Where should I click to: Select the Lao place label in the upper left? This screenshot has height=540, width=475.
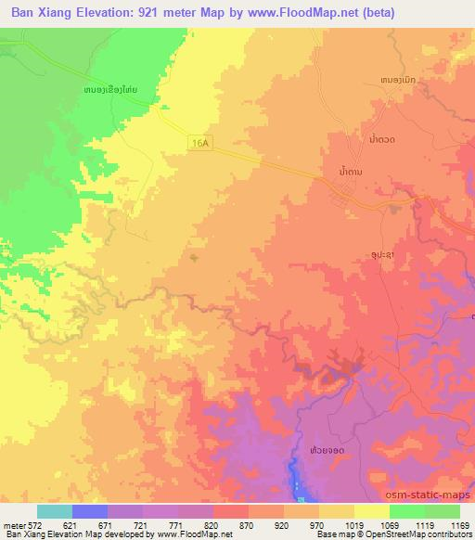(110, 89)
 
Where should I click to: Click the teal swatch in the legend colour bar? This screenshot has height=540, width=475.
(54, 511)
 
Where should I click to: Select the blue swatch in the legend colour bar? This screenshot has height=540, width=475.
(89, 511)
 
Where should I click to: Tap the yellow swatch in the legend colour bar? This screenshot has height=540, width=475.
(371, 511)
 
